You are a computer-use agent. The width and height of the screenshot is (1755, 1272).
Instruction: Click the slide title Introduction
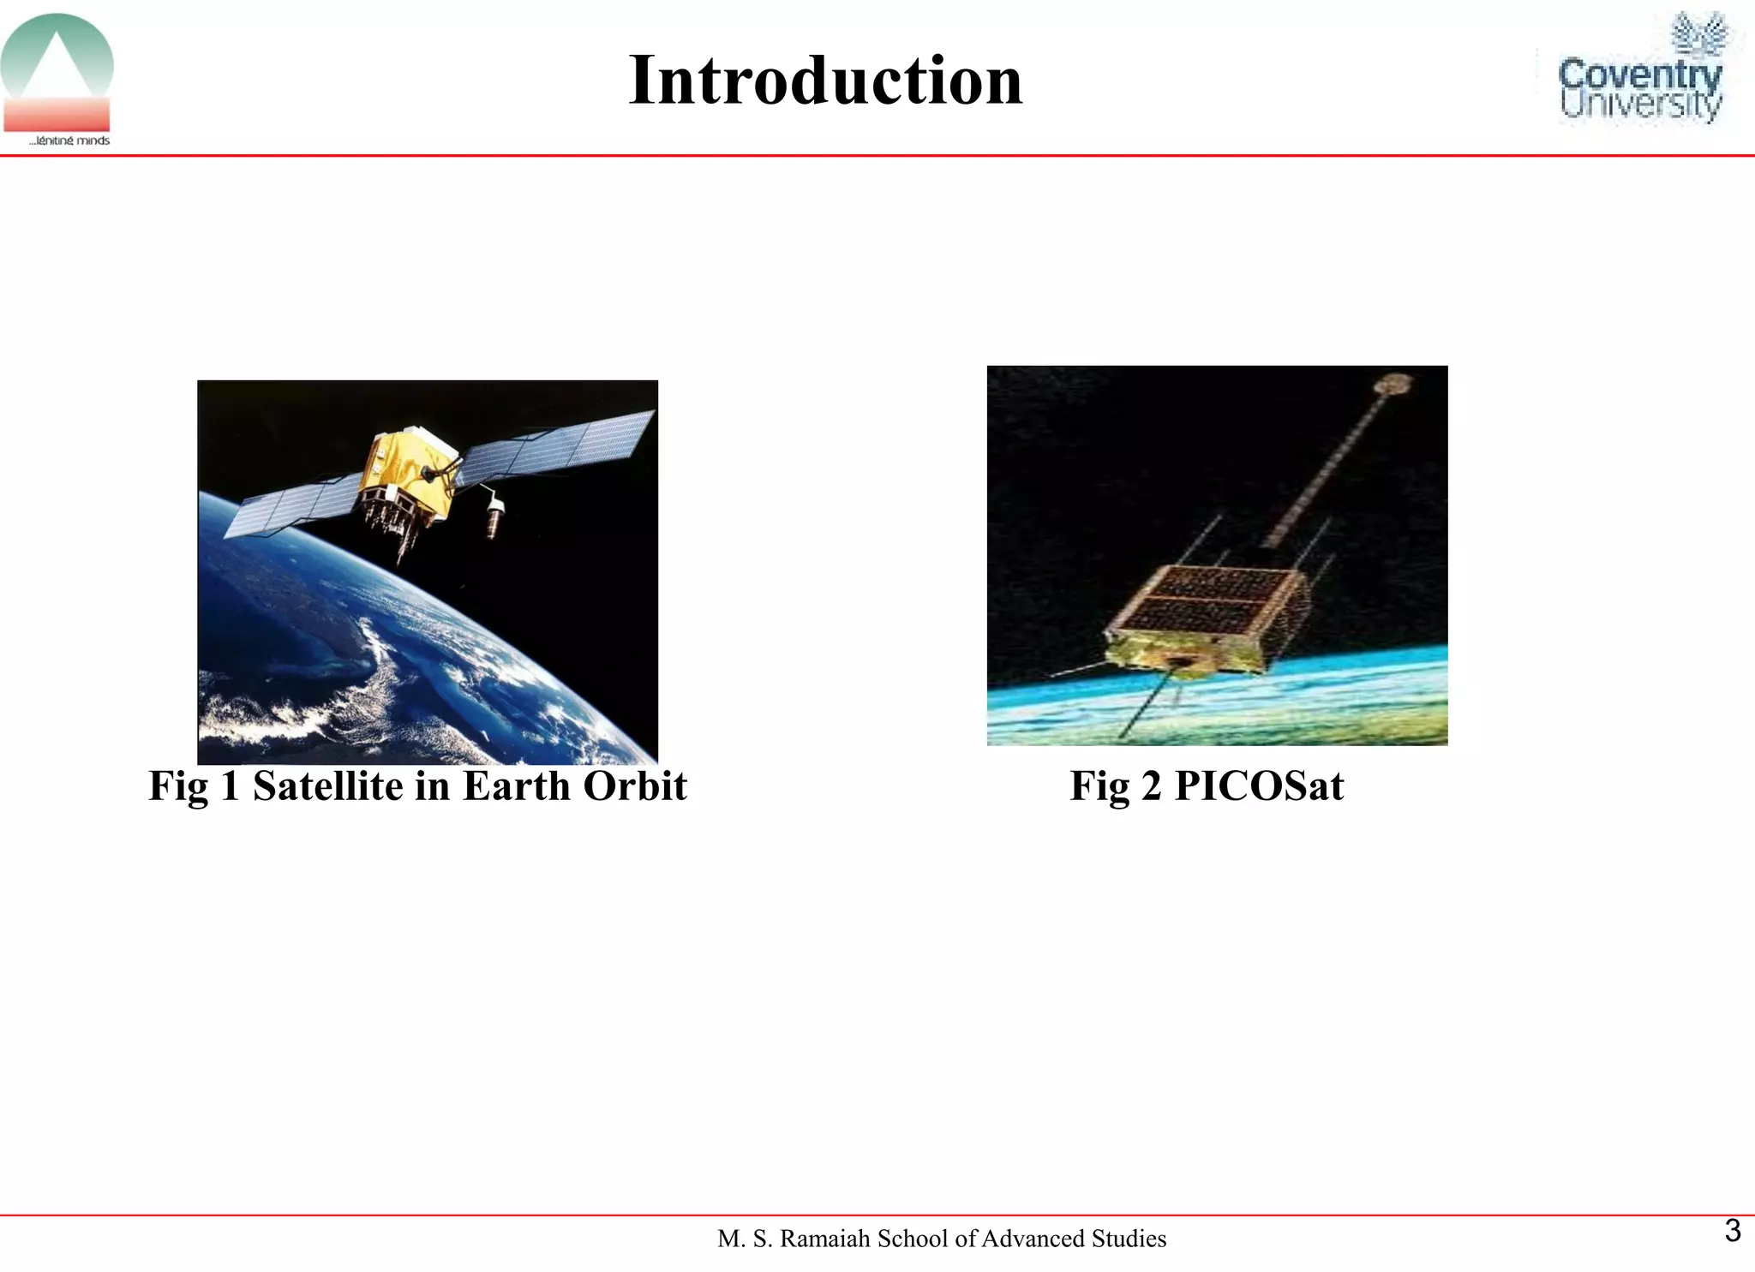point(825,81)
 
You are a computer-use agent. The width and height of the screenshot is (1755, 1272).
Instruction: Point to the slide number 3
point(1732,1231)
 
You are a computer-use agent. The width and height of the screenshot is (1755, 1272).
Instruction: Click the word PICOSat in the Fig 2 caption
point(1258,785)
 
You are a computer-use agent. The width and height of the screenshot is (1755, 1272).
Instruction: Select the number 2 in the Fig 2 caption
point(1150,785)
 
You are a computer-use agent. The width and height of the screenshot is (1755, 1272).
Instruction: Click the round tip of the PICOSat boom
point(1394,383)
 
